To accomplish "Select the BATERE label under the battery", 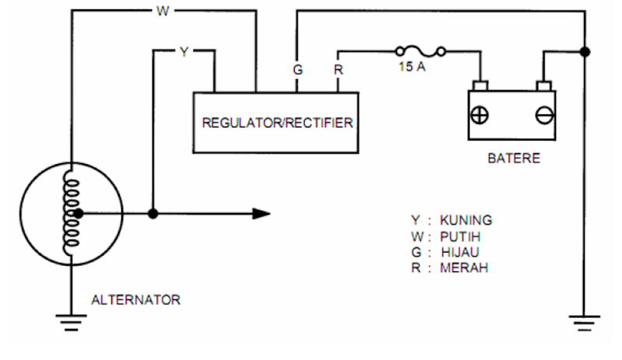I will pyautogui.click(x=513, y=159).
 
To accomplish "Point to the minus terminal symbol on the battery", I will pyautogui.click(x=544, y=114).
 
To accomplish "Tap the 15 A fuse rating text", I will pyautogui.click(x=411, y=68).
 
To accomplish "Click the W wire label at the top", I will pyautogui.click(x=162, y=11).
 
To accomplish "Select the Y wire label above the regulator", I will pyautogui.click(x=183, y=52).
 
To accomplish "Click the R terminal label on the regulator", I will pyautogui.click(x=338, y=69).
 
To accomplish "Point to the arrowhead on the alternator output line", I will pyautogui.click(x=261, y=213).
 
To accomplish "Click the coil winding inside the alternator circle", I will pyautogui.click(x=71, y=211).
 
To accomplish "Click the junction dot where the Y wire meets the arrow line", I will pyautogui.click(x=153, y=213).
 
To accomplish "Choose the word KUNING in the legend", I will pyautogui.click(x=466, y=220).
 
